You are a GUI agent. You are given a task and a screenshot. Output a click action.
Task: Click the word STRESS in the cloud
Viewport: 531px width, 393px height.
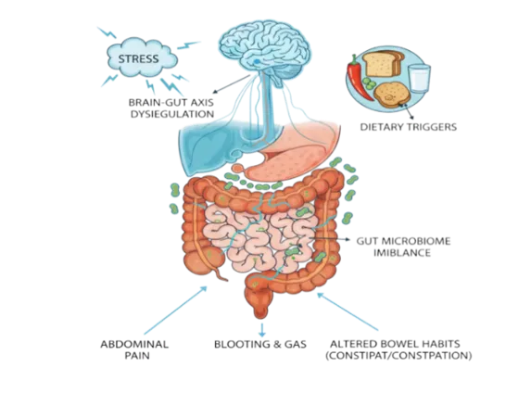coord(138,59)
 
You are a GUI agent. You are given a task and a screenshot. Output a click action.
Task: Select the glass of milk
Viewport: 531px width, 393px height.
coord(419,78)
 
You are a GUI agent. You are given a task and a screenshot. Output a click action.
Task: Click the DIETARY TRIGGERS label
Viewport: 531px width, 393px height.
coord(408,127)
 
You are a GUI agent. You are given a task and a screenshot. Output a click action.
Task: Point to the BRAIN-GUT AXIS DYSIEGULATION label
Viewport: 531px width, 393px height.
coord(171,108)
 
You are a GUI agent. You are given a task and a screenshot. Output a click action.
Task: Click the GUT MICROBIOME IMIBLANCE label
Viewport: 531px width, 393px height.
coord(403,247)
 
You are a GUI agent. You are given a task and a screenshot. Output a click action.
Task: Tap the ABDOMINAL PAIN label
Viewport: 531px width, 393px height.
coord(134,349)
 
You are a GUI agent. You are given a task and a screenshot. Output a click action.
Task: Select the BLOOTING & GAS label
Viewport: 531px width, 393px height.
coord(260,344)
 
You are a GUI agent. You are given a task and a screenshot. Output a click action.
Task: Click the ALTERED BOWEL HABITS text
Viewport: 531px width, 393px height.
coord(395,344)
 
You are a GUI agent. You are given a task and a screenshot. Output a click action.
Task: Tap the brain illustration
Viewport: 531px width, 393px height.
coord(264,51)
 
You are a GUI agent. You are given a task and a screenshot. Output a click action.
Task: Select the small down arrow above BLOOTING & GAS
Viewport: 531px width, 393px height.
coord(261,330)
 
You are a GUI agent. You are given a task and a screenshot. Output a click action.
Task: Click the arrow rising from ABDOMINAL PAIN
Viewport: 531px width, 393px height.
coord(175,310)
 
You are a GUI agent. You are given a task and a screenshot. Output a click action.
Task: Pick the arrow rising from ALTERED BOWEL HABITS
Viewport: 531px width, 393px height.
coord(348,311)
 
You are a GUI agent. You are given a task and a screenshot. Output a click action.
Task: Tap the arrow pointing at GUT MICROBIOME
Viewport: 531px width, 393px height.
coord(329,239)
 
